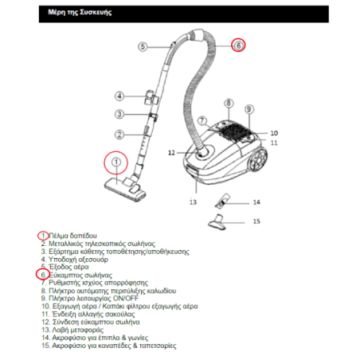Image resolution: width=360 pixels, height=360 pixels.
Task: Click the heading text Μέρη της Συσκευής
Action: coord(80,12)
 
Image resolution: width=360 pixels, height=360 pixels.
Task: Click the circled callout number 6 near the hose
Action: coord(238,45)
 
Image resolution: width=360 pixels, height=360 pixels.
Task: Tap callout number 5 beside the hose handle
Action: coord(143,47)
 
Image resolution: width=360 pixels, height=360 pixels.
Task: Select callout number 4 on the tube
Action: coord(119,96)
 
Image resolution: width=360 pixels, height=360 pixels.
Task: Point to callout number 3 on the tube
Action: coord(119,114)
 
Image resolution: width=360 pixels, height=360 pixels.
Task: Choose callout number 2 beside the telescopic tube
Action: coord(119,135)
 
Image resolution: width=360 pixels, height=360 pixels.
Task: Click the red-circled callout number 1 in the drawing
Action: coord(115,162)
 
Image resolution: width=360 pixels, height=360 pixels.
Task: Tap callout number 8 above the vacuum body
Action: coord(229,103)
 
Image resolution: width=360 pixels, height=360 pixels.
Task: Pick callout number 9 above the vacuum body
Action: coord(249,109)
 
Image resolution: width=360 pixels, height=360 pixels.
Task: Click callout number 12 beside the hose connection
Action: coord(171,153)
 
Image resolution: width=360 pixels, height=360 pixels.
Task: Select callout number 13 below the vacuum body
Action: coord(193,202)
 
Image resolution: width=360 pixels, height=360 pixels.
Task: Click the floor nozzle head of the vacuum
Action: coord(125,189)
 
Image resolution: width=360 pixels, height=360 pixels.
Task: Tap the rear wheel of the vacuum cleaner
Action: coord(257,160)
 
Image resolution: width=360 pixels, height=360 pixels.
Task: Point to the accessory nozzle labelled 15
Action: coord(217,222)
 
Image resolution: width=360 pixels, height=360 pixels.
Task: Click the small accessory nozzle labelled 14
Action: coord(222,201)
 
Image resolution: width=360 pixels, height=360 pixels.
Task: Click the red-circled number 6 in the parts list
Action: coord(43,275)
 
